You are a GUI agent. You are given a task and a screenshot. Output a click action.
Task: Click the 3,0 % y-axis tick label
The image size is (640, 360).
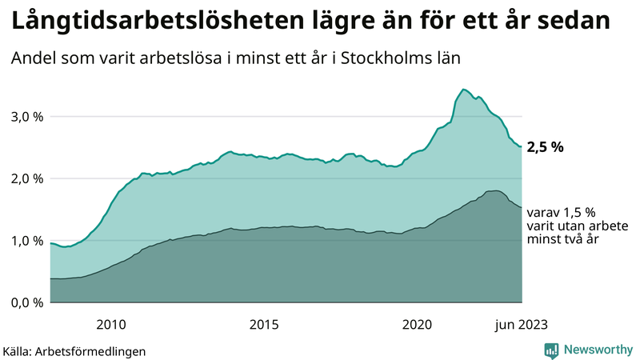(26, 116)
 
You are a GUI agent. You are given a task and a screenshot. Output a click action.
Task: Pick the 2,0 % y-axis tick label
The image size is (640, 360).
(26, 178)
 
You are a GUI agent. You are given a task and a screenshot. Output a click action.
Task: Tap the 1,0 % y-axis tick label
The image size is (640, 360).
(26, 241)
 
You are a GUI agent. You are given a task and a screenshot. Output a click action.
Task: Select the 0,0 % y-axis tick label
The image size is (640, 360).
(26, 302)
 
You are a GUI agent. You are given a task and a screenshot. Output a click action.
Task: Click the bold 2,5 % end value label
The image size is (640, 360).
(546, 146)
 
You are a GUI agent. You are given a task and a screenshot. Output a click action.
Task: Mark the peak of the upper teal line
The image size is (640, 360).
(463, 89)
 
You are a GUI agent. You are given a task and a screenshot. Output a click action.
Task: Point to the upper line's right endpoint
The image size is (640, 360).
(522, 146)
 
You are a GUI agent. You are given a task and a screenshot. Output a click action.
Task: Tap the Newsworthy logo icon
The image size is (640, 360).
(551, 350)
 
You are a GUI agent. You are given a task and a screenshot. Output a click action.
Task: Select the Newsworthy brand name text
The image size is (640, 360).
(596, 350)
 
